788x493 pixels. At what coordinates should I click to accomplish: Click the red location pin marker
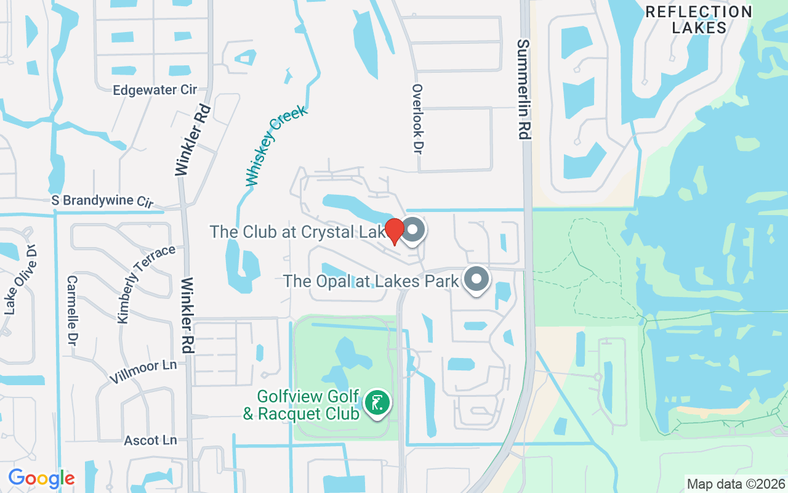395,231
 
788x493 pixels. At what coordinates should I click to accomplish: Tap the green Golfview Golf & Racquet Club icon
377,404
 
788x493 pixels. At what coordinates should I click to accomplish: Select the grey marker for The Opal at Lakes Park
476,279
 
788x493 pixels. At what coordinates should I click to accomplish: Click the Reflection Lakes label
699,20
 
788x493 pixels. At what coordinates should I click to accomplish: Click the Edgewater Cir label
155,90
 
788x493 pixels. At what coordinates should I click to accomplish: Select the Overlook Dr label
418,119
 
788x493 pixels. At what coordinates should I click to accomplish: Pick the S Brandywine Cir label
102,201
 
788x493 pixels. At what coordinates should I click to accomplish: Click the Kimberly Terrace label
145,283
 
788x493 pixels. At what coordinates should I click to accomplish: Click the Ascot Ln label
150,440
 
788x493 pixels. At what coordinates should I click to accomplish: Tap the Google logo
41,478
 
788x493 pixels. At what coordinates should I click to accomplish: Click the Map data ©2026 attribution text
736,484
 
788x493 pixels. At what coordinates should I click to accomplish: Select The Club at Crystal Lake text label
298,232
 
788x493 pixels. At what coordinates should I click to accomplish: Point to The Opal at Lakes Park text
371,281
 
